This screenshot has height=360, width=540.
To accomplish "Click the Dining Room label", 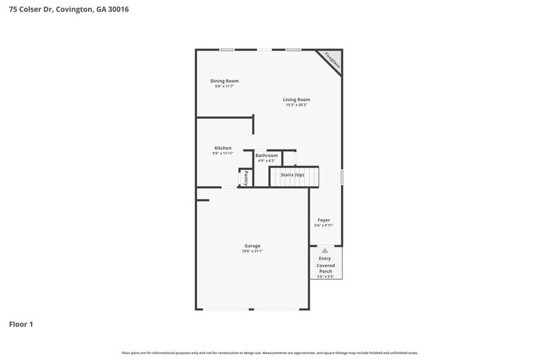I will click(224, 81).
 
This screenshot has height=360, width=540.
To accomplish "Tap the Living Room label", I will click(296, 100).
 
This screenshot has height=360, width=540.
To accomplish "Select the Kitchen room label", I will click(223, 148).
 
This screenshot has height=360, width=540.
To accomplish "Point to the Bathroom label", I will click(266, 156).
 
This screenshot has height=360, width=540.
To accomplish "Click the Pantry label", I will click(246, 178).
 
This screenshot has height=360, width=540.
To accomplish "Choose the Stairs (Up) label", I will click(292, 175).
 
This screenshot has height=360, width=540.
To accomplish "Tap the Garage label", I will click(252, 246).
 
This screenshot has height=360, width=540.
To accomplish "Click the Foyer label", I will click(323, 220).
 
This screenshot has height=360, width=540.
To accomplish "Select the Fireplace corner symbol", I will click(332, 60).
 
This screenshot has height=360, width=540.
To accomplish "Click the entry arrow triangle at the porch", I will click(324, 250).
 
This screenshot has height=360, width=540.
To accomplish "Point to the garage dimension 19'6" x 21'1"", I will click(252, 251).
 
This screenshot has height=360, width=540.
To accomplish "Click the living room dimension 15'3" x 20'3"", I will click(296, 105).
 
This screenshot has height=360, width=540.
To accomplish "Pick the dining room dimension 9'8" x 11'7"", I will click(224, 86).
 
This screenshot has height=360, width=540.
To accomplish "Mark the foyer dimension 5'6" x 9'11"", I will click(323, 225).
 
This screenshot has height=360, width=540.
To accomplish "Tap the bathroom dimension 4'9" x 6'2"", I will click(266, 161).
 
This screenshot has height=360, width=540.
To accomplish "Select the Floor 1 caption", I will click(21, 324).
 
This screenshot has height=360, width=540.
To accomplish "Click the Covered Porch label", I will click(325, 268).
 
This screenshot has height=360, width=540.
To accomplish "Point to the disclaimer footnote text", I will click(269, 353).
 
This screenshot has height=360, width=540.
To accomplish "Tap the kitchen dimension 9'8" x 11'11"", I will click(223, 153).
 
